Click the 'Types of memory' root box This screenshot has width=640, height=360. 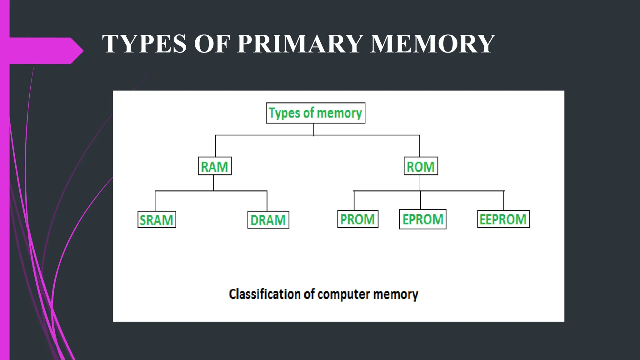[315, 113]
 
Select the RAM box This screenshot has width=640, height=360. [215, 166]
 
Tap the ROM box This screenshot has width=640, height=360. [421, 166]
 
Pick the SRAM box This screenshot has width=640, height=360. [157, 220]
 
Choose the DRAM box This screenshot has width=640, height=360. [268, 220]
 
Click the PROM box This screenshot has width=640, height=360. [358, 219]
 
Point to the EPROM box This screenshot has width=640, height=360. [422, 219]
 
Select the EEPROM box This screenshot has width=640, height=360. [503, 219]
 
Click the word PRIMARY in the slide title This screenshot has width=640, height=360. [300, 44]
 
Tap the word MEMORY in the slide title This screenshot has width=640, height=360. [432, 44]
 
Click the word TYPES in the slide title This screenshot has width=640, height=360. [144, 44]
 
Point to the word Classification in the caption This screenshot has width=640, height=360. [265, 294]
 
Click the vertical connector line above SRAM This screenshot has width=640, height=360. [156, 201]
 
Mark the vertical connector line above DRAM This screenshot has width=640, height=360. [267, 201]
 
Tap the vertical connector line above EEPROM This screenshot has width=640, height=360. [503, 201]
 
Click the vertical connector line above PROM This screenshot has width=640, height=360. [354, 201]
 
